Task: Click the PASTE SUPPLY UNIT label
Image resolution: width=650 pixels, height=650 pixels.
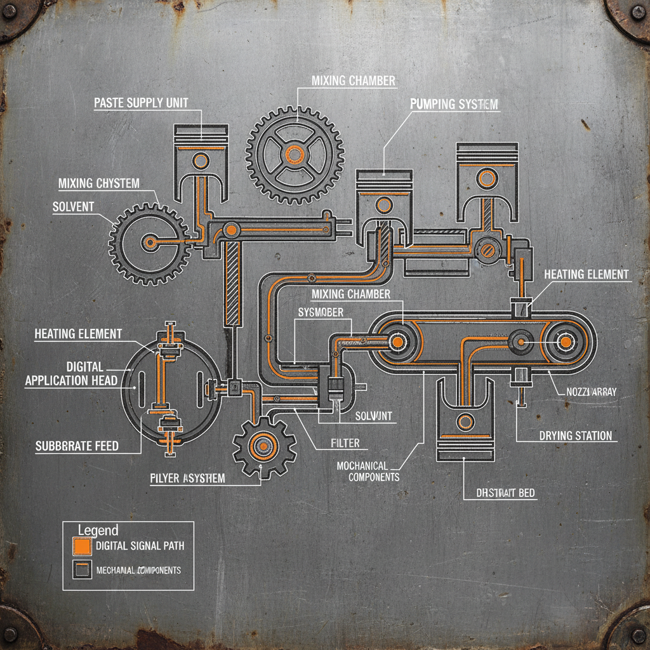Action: [x=141, y=102]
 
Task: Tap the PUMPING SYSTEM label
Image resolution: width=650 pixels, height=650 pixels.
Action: [x=454, y=103]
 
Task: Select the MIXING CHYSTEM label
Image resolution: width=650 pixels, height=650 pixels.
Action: [x=98, y=183]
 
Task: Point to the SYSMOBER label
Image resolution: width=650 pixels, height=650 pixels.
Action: [x=321, y=312]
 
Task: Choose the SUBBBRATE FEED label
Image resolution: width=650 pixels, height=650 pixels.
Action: [x=76, y=446]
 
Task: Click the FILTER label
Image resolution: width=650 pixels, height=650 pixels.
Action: [x=345, y=442]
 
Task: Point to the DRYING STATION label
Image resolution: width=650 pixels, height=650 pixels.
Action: [x=576, y=435]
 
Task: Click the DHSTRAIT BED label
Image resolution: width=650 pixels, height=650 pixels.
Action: [x=506, y=492]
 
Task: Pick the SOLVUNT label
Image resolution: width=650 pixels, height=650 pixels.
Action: [x=374, y=416]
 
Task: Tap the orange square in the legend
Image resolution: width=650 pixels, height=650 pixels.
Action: [x=82, y=546]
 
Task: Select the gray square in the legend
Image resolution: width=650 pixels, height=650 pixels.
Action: [x=82, y=569]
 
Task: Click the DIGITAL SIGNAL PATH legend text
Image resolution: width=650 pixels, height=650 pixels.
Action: [x=139, y=546]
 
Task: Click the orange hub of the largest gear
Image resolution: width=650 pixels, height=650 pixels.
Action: [x=295, y=154]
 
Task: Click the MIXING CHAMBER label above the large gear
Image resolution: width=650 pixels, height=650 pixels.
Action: [x=354, y=81]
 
